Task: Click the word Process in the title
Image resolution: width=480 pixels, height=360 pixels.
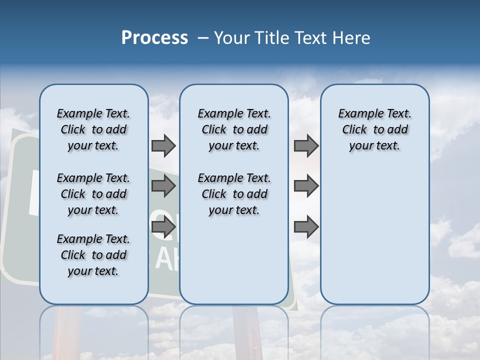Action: (x=154, y=38)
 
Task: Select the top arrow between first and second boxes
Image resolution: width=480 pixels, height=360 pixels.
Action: (x=163, y=146)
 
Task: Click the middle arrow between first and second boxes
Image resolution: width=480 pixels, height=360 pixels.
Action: (x=163, y=186)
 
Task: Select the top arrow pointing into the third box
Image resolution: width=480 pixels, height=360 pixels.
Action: (x=306, y=146)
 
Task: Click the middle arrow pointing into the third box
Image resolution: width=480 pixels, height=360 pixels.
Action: (x=306, y=186)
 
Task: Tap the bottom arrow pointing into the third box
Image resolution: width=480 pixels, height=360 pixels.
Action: (x=306, y=227)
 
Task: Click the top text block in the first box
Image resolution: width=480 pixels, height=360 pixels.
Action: (x=93, y=129)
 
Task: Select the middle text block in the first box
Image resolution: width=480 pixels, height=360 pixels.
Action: (x=93, y=194)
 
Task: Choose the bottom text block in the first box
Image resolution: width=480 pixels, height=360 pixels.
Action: (x=93, y=255)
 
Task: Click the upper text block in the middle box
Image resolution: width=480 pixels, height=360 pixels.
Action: (x=234, y=129)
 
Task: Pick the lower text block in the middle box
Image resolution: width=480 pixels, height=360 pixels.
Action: (x=234, y=194)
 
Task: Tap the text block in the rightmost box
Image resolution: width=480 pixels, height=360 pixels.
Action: (x=374, y=129)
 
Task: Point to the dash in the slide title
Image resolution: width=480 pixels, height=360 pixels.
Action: (x=203, y=38)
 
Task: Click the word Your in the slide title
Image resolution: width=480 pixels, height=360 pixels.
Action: (x=230, y=38)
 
